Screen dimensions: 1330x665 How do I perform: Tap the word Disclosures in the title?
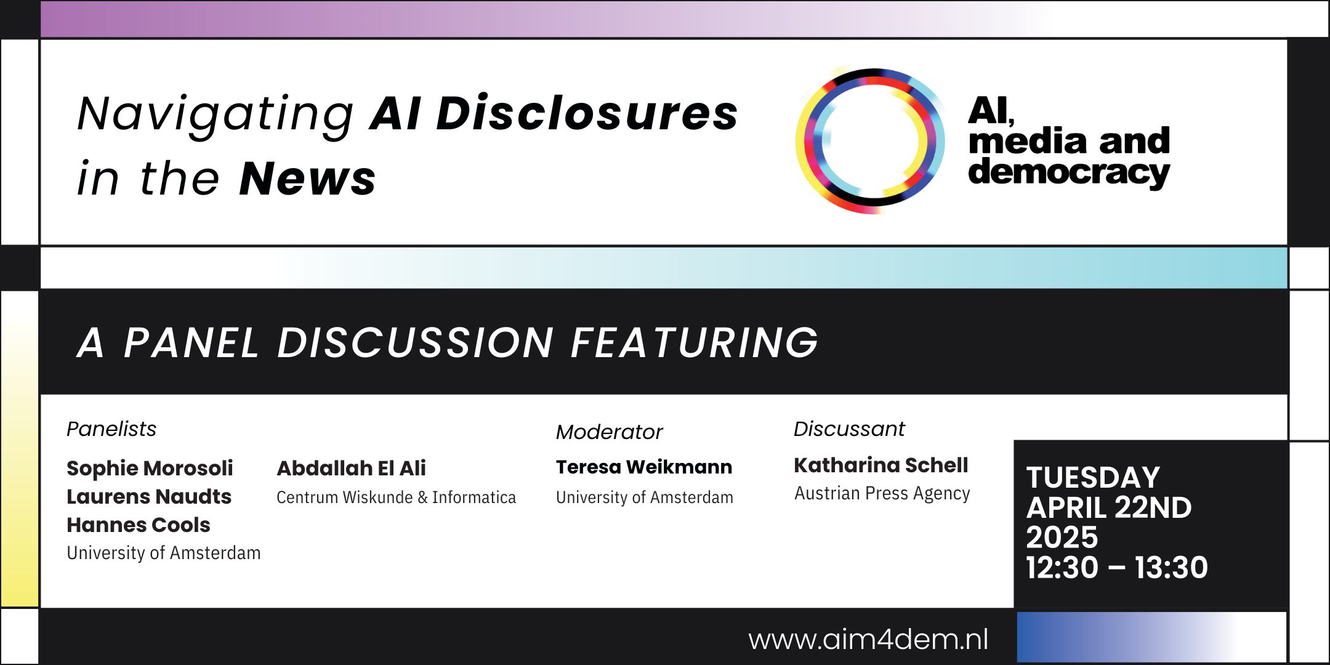pos(587,113)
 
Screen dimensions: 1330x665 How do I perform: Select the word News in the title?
pos(307,178)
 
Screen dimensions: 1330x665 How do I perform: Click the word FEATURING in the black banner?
pos(695,342)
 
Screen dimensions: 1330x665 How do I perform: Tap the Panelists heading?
pos(111,429)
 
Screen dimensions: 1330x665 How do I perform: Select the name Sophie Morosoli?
pos(150,468)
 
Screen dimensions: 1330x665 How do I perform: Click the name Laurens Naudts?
pos(149,496)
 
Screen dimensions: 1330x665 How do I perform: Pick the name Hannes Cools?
pos(139,525)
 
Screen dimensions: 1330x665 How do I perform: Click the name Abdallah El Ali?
pos(351,468)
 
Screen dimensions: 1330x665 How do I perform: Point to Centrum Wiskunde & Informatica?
pos(396,497)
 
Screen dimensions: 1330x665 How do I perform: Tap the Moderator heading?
pos(609,432)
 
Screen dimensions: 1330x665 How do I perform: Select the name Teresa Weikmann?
pos(644,467)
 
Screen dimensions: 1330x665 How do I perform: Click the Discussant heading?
pos(849,429)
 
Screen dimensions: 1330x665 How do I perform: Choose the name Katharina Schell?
pos(881,465)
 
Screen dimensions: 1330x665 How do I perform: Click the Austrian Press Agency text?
pos(882,493)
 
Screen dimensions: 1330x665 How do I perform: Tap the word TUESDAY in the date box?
pos(1093,478)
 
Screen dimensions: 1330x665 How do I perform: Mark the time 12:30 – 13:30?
pos(1117,567)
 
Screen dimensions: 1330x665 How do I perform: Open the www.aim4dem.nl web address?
pos(868,639)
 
